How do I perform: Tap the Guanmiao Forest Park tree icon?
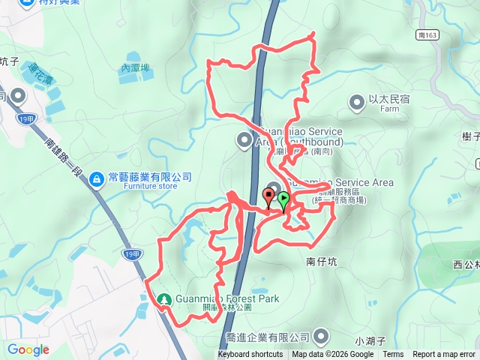(164, 299)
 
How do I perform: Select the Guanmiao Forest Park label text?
(227, 299)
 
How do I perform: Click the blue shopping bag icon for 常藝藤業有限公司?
(97, 178)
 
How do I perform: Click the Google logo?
(28, 349)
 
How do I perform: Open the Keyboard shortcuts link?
(250, 355)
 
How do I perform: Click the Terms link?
(393, 355)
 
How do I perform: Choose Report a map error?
(445, 355)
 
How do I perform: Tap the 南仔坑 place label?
(323, 262)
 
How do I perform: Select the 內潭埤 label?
(136, 67)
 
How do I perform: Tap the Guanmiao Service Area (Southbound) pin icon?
(244, 139)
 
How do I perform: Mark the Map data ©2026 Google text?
(332, 355)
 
